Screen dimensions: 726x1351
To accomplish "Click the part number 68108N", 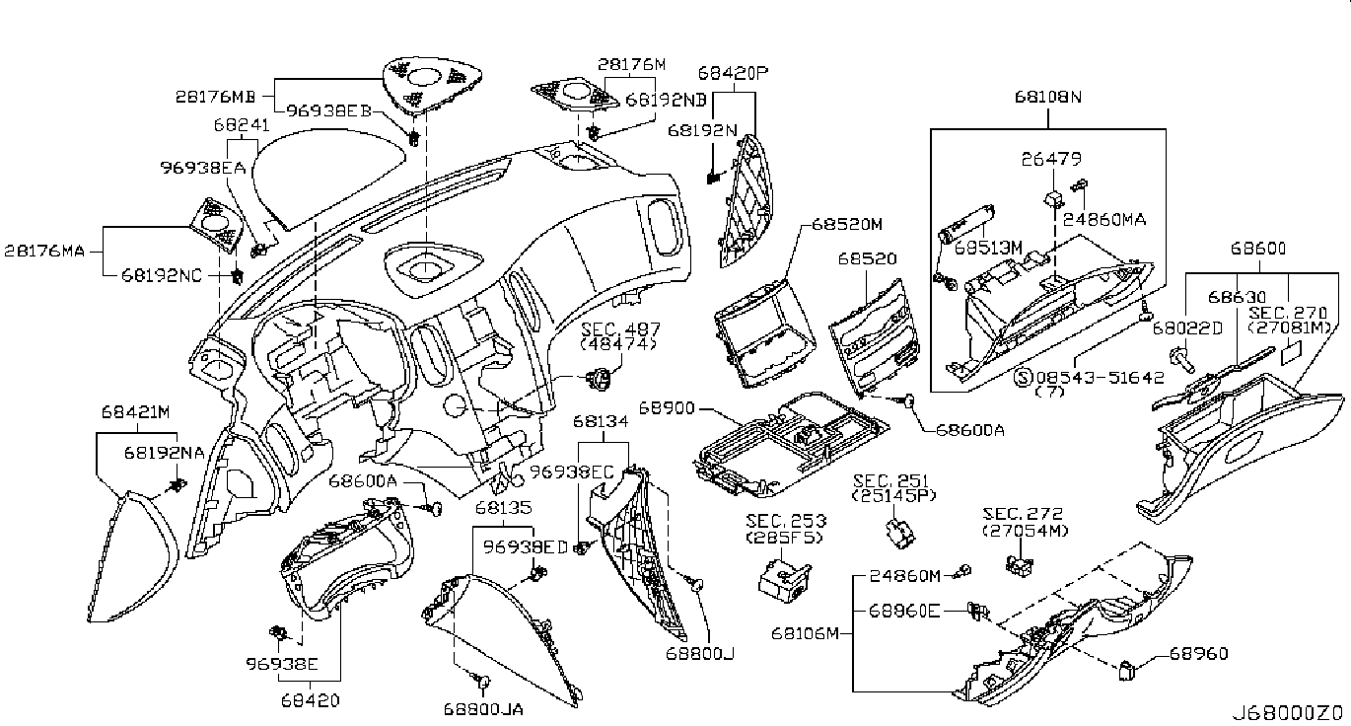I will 1048,98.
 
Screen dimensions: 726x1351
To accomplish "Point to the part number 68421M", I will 135,410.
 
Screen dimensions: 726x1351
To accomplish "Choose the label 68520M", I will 847,224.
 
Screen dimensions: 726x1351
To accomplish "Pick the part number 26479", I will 1051,158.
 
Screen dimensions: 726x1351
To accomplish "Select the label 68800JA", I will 483,708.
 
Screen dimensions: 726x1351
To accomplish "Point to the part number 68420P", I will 733,72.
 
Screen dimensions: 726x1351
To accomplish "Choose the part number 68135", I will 503,508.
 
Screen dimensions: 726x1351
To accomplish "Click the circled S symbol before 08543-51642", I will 1023,377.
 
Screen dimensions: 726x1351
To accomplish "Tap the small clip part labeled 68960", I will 1128,671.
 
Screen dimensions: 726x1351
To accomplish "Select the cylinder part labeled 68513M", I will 965,238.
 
